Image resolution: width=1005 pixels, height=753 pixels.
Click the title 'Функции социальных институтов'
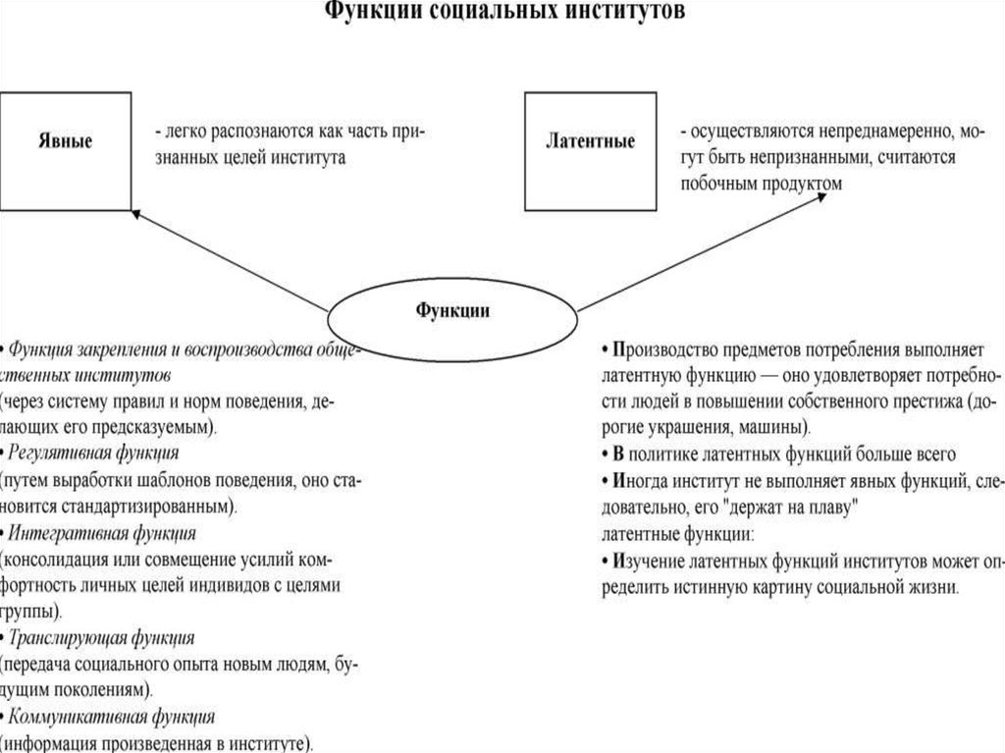pyautogui.click(x=502, y=13)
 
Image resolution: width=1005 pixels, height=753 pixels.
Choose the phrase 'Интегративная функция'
pyautogui.click(x=102, y=533)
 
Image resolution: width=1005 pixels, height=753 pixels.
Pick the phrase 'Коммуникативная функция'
pyautogui.click(x=111, y=717)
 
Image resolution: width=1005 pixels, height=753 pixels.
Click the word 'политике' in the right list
pyautogui.click(x=670, y=455)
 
